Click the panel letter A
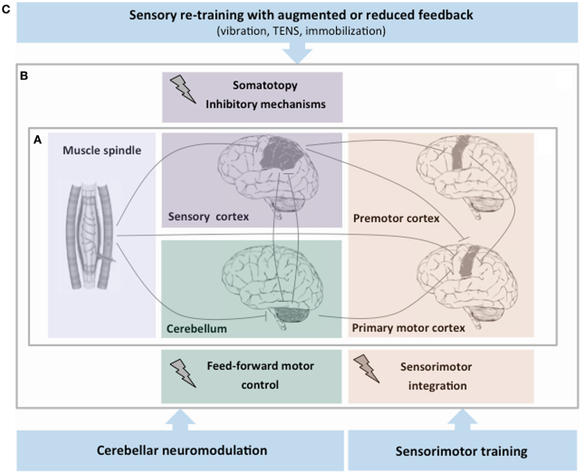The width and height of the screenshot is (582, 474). click(x=37, y=141)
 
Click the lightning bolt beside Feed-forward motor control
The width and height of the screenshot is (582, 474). click(x=183, y=374)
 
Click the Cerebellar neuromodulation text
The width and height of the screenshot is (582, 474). click(x=182, y=450)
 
